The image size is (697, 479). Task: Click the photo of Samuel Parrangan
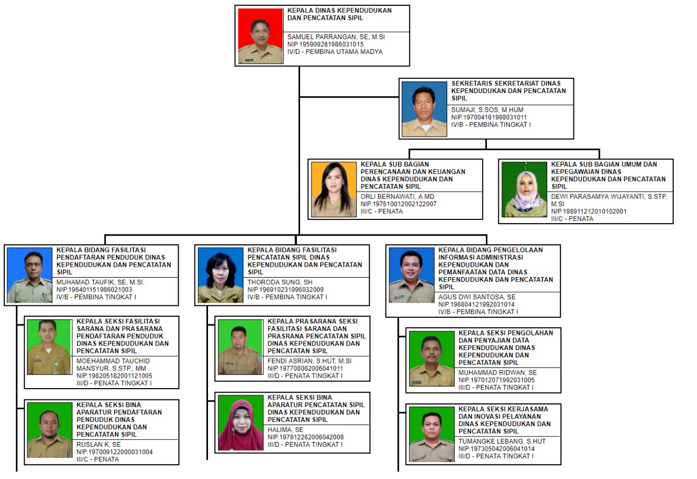point(260,36)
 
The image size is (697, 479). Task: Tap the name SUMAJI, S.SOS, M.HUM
point(487,110)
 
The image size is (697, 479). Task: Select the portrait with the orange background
point(334,189)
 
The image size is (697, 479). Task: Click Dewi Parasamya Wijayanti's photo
point(524,189)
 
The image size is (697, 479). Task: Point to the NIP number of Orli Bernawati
point(399,204)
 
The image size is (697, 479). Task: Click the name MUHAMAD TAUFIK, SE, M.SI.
point(100,282)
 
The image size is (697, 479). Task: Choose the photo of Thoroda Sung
point(221,275)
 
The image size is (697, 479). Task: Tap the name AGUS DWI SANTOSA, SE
point(477,297)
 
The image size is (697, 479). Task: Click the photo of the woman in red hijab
point(241,423)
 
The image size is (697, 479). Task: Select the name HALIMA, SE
point(285,429)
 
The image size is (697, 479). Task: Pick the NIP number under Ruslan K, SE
point(114,452)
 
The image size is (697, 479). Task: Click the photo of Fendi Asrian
point(240,347)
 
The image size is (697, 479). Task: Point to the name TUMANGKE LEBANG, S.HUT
point(502,441)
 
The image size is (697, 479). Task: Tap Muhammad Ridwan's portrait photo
point(432,359)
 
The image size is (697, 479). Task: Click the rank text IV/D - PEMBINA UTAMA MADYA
point(335,52)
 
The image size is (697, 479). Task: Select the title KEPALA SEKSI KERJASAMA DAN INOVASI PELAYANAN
point(504,413)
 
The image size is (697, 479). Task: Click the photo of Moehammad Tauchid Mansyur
point(49,347)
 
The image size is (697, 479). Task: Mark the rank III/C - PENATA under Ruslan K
point(97,459)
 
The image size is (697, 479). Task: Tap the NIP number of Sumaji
point(489,117)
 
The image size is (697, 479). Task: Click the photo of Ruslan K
point(50,430)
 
